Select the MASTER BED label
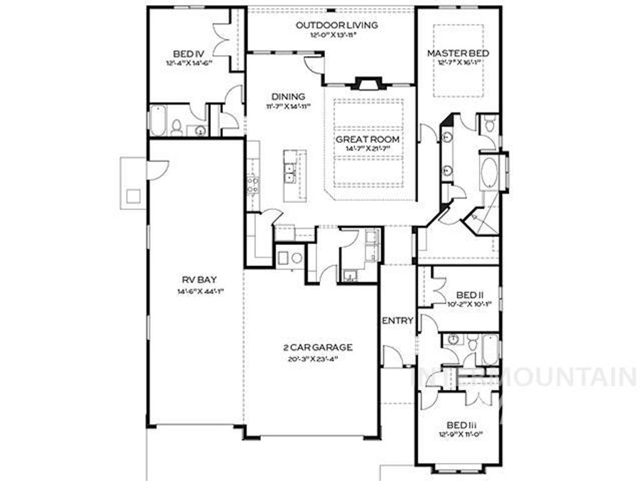458,53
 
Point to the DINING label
288,96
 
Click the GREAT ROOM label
367,139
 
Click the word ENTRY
397,321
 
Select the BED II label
466,294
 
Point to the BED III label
464,424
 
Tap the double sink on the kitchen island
289,173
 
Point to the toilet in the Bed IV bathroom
177,128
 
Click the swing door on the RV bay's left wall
157,169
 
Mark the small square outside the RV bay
133,196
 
